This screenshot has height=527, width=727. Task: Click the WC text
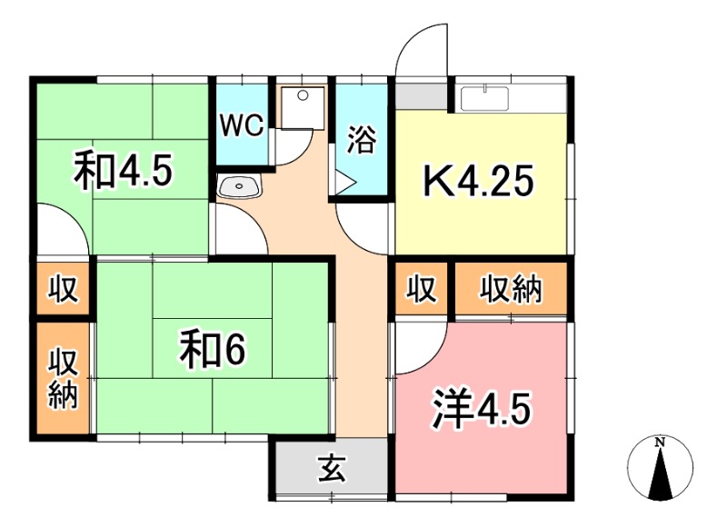pyautogui.click(x=243, y=125)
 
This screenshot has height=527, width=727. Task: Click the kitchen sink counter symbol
pyautogui.click(x=498, y=97)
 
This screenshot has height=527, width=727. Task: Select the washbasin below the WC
pyautogui.click(x=241, y=187)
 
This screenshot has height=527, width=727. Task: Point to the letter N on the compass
pyautogui.click(x=661, y=442)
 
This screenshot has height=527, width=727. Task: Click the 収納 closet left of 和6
pyautogui.click(x=63, y=378)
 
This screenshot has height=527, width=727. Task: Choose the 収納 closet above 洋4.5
pyautogui.click(x=511, y=291)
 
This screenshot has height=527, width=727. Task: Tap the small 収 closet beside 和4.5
pyautogui.click(x=63, y=291)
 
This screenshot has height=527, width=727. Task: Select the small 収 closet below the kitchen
pyautogui.click(x=422, y=291)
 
